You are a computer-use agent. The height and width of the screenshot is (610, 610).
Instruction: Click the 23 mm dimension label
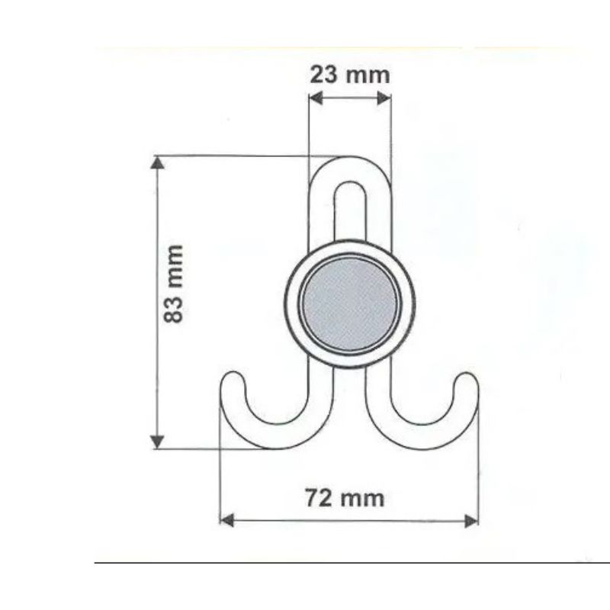click(350, 75)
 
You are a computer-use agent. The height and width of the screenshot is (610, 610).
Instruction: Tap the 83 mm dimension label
click(173, 284)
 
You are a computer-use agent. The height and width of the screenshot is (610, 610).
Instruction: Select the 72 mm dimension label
click(345, 498)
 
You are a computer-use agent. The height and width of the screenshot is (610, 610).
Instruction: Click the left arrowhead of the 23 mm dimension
click(316, 98)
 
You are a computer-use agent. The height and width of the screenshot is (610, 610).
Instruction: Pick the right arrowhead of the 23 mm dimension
click(384, 98)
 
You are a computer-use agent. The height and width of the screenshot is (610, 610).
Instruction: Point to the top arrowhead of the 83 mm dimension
click(157, 162)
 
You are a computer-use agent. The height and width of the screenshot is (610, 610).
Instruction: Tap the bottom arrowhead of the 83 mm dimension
click(157, 442)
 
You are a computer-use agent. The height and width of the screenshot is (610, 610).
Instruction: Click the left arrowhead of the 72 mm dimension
click(226, 520)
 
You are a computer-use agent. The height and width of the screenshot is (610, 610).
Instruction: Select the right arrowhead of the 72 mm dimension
click(471, 521)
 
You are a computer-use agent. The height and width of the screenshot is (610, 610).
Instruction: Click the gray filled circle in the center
click(349, 303)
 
